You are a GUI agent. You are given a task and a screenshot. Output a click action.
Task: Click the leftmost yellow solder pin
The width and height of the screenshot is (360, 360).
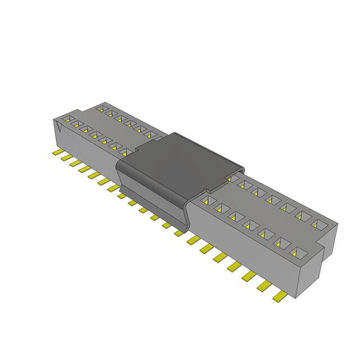point(57,152)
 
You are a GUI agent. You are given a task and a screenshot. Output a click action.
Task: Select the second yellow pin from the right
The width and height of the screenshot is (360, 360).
point(263,285)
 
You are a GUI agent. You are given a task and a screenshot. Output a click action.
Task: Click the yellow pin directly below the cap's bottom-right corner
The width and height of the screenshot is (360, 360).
point(179,232)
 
